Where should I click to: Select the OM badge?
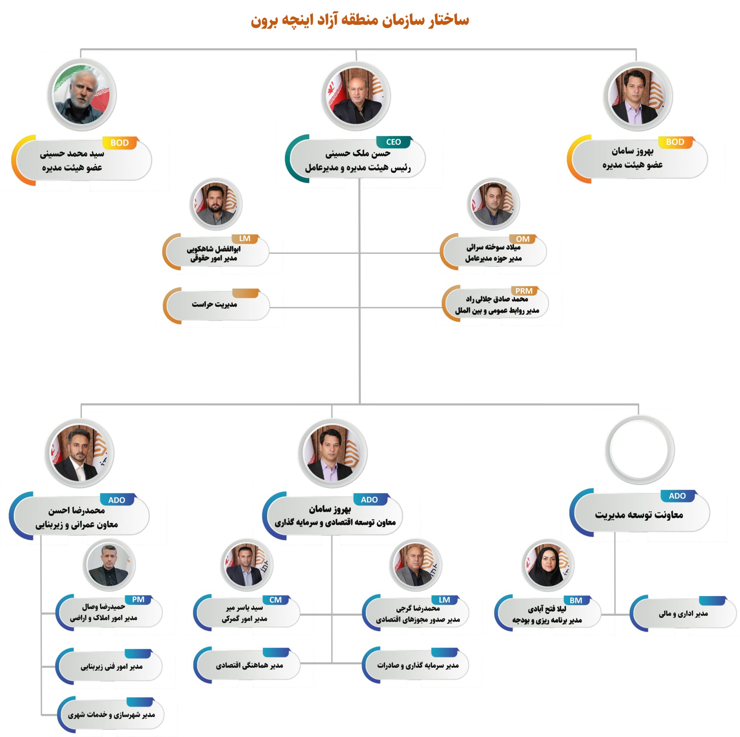pyautogui.click(x=522, y=239)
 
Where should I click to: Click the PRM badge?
pyautogui.click(x=524, y=291)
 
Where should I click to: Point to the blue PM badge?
pyautogui.click(x=138, y=599)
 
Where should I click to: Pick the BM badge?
pyautogui.click(x=576, y=600)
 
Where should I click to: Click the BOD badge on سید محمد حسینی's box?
pyautogui.click(x=120, y=143)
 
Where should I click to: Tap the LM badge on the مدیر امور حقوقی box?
pyautogui.click(x=244, y=239)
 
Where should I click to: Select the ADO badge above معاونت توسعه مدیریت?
pyautogui.click(x=677, y=496)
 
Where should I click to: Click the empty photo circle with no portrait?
pyautogui.click(x=639, y=449)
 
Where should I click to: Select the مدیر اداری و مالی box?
pyautogui.click(x=683, y=614)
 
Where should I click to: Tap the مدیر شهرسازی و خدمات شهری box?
pyautogui.click(x=111, y=715)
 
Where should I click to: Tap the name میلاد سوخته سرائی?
pyautogui.click(x=493, y=247)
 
